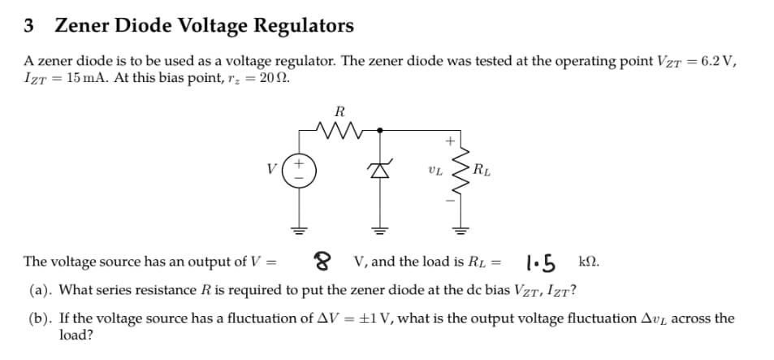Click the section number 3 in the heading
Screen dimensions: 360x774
29,26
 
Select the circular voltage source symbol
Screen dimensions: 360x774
298,171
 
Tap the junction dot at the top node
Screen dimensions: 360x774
376,128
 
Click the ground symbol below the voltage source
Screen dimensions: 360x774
298,230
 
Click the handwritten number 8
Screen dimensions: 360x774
322,262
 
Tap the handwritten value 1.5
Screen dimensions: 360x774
541,262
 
